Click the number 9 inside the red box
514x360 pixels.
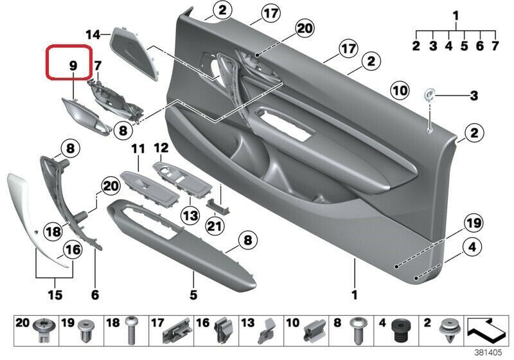[x=73, y=66]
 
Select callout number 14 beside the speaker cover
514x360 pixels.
[x=93, y=35]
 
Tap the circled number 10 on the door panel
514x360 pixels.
[x=400, y=91]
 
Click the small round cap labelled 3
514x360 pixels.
[x=429, y=94]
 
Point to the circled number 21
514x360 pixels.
[x=215, y=226]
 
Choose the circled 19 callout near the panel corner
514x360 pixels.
[x=474, y=223]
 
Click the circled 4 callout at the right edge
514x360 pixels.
[x=472, y=247]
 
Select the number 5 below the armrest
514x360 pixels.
[x=193, y=295]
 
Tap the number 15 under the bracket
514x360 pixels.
[x=55, y=295]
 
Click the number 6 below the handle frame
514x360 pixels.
[x=95, y=295]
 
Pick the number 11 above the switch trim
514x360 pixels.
[x=138, y=149]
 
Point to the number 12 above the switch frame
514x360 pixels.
[x=161, y=148]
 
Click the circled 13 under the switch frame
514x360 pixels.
[x=190, y=215]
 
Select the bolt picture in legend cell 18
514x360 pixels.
[x=131, y=330]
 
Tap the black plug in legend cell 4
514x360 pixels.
[x=401, y=330]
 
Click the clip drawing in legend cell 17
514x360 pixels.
[x=176, y=330]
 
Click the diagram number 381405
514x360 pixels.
[x=488, y=352]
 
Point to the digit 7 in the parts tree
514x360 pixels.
[x=495, y=46]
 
